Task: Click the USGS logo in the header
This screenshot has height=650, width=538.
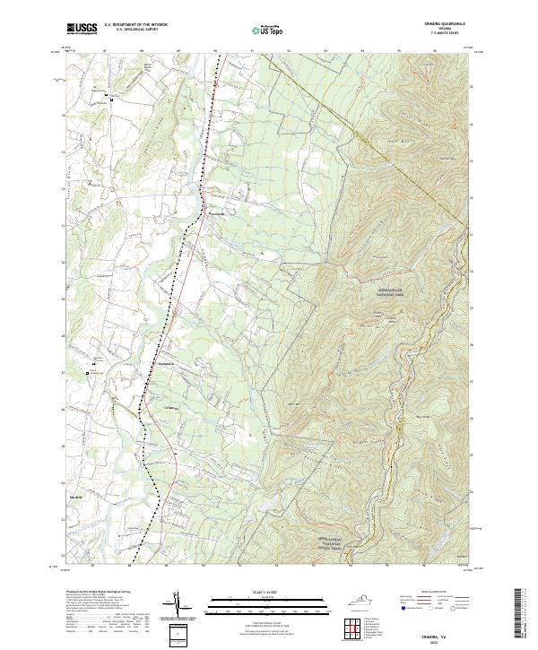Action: (x=82, y=30)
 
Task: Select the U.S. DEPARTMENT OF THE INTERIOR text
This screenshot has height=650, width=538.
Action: (x=135, y=26)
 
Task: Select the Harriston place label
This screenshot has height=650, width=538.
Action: (x=215, y=213)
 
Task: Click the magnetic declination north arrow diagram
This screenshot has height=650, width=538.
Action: (x=183, y=604)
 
